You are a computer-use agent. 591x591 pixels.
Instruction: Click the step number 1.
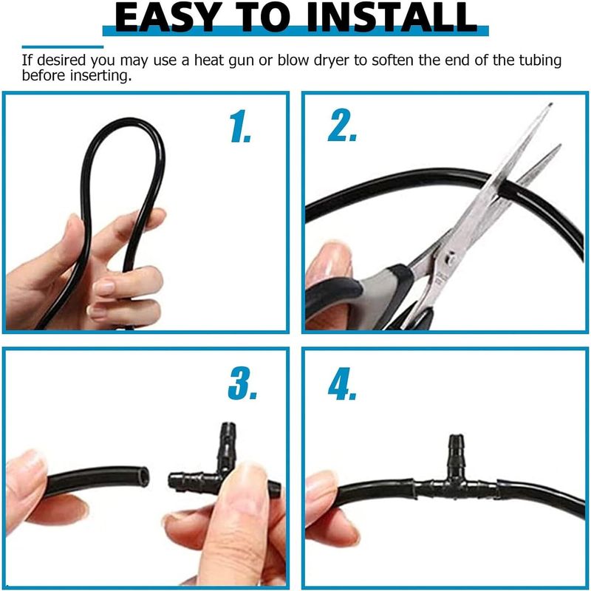click(240, 126)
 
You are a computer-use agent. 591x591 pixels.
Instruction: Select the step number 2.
click(342, 125)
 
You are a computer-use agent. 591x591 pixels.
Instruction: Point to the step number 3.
click(242, 383)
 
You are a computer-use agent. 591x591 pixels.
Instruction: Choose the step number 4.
click(342, 383)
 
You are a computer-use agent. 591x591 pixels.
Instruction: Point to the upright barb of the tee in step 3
click(228, 447)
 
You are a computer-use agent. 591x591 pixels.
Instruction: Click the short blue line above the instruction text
click(63, 47)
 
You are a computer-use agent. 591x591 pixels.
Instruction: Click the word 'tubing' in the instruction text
click(540, 61)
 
